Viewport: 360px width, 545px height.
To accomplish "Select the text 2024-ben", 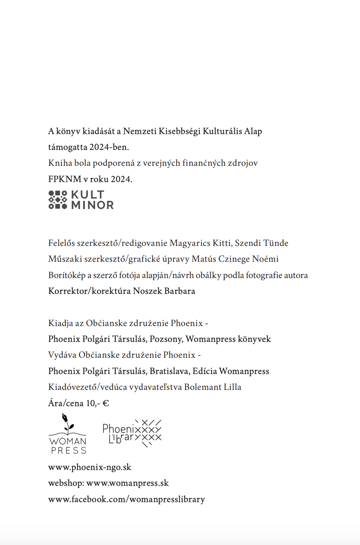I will (x=109, y=147).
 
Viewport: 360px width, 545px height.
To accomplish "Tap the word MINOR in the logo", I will (x=92, y=205).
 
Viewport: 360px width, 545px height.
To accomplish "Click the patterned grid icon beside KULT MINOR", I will (x=58, y=200).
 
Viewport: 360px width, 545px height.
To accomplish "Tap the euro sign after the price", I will (x=105, y=403).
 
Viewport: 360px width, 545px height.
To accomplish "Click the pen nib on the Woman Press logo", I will (x=65, y=417).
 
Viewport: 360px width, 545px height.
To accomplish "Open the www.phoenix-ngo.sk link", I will (x=90, y=467).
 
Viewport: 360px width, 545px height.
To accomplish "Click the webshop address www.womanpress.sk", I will (x=128, y=483).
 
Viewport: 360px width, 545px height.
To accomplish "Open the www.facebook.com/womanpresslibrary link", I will (x=126, y=499).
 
